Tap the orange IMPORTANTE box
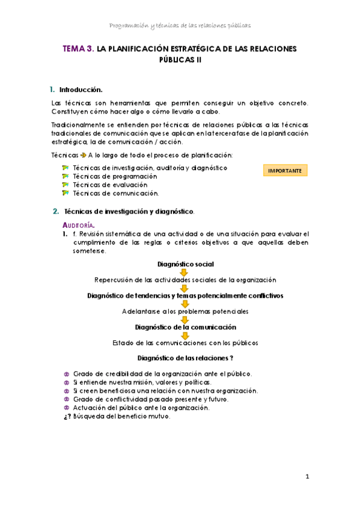(285, 171)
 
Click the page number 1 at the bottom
(307, 478)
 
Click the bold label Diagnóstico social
(185, 264)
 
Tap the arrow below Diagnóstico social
(185, 272)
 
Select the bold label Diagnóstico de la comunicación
(185, 327)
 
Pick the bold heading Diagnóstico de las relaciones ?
(185, 358)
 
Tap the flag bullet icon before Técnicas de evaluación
(66, 185)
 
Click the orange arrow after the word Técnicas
(83, 155)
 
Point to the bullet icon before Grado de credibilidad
(66, 373)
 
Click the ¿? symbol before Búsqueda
(67, 416)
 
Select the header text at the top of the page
(180, 25)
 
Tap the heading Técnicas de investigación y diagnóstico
(129, 212)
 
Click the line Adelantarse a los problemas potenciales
(185, 312)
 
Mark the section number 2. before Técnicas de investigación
(55, 212)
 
